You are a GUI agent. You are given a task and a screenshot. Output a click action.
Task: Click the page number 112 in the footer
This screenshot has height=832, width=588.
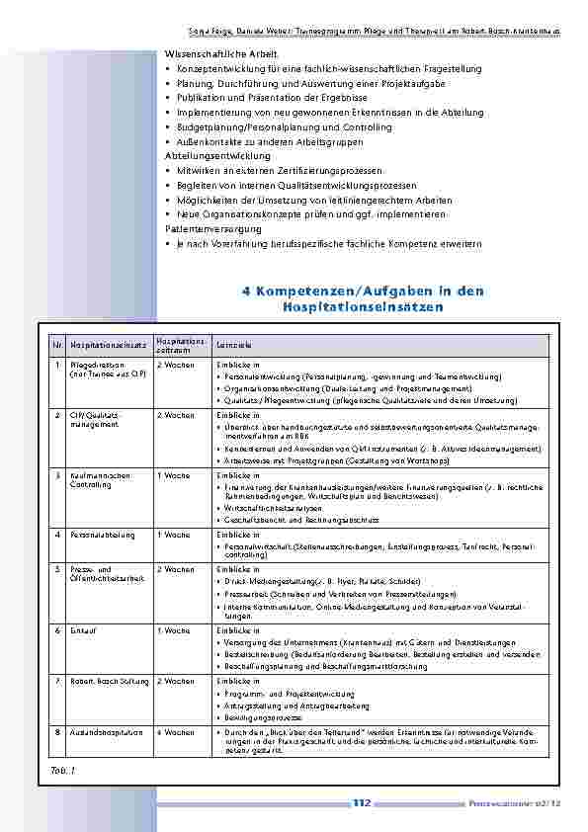coord(361,802)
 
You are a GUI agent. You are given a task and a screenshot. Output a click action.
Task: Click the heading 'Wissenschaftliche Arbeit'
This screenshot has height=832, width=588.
coord(221,52)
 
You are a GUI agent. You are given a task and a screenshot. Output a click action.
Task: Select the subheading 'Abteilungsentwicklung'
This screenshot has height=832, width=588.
coord(217,156)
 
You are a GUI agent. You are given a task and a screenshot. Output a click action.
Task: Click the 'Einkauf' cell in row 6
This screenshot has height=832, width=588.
coord(84,629)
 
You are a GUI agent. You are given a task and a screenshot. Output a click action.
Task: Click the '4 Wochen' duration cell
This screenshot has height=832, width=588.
coord(176,732)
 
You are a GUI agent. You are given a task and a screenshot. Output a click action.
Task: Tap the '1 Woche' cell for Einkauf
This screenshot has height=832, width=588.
coord(173,629)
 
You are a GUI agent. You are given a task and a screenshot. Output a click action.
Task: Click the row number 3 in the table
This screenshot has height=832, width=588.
coord(58,475)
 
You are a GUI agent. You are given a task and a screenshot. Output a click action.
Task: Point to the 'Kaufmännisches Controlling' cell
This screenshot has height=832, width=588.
coord(100,480)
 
